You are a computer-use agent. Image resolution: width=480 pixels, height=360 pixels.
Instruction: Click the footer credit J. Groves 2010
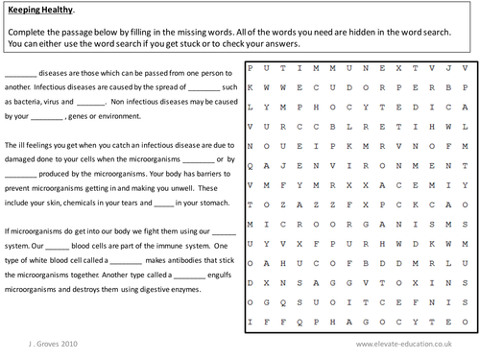[31, 342]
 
